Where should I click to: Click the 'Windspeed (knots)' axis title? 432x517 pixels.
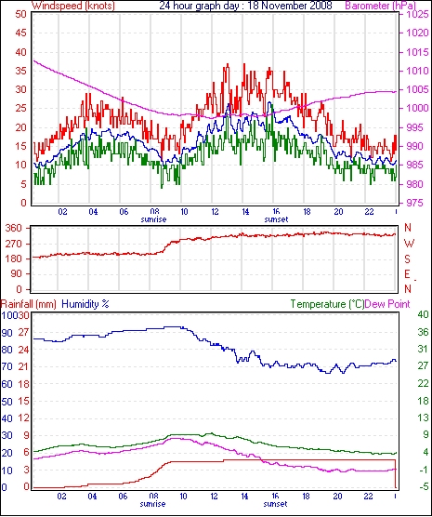(73, 6)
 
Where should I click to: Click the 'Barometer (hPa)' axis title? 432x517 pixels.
(380, 6)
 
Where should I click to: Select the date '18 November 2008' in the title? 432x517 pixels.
(290, 6)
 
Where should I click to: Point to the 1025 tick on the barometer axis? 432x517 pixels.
(417, 15)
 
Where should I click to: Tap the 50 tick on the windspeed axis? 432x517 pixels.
(20, 15)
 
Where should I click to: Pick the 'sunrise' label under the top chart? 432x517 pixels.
(153, 219)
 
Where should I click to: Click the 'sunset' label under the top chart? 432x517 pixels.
(276, 219)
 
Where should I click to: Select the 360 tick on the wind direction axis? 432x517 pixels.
(14, 228)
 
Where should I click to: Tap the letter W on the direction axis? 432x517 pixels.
(409, 244)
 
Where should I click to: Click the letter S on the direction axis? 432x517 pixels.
(408, 259)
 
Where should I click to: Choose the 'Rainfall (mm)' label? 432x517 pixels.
(28, 304)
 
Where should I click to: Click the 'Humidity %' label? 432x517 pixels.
(85, 304)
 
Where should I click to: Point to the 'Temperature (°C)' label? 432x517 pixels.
(327, 304)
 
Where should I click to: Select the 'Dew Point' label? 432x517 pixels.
(387, 304)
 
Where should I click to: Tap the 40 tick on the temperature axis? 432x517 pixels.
(423, 314)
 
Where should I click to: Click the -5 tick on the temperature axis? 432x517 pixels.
(423, 486)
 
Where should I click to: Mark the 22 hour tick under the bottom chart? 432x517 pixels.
(369, 497)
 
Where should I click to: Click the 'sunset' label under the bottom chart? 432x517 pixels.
(276, 504)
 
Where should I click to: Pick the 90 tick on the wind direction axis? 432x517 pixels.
(17, 274)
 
